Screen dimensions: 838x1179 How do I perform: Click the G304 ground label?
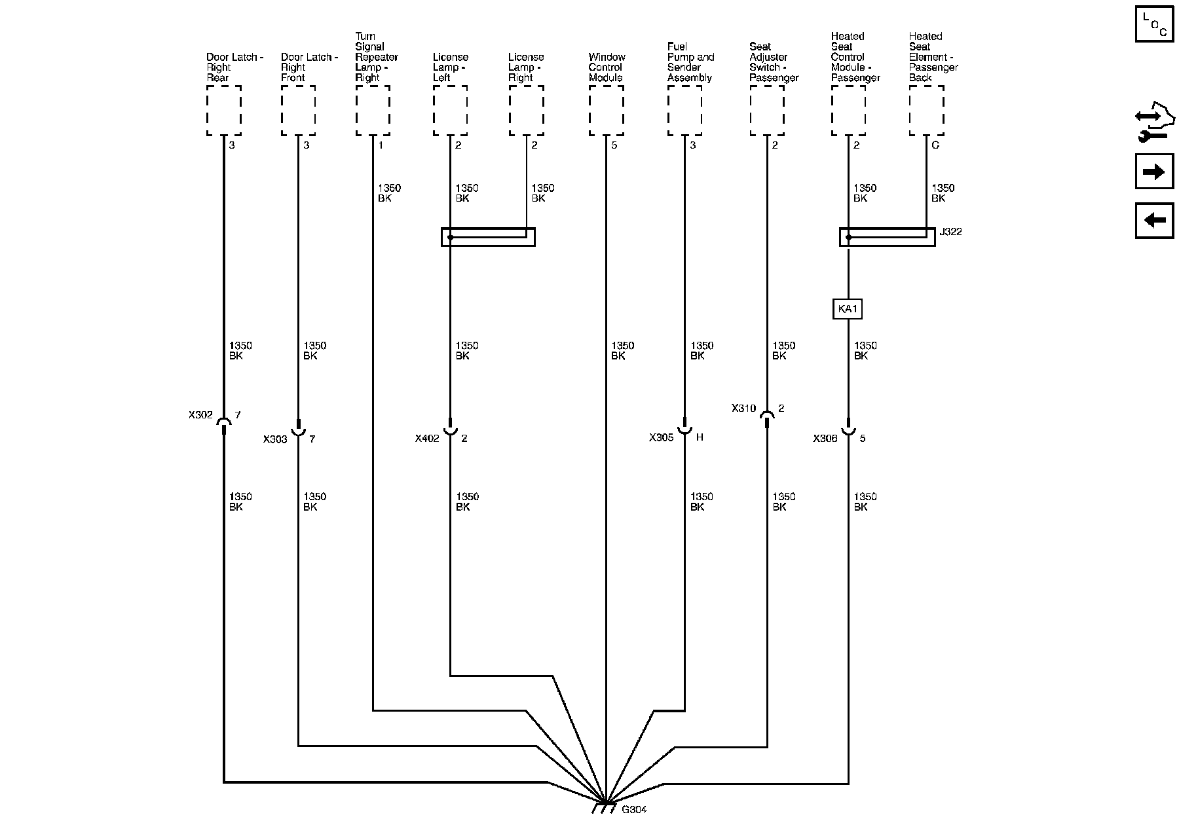(x=634, y=809)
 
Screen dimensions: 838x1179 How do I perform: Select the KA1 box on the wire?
(x=847, y=309)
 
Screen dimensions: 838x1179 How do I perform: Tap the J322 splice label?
(x=950, y=232)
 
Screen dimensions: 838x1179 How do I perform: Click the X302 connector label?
(x=200, y=415)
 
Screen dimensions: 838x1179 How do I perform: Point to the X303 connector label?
(x=275, y=439)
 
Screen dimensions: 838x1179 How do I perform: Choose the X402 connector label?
(x=427, y=439)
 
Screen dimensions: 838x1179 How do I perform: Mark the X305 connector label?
(x=661, y=438)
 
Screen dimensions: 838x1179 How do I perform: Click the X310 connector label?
(x=743, y=409)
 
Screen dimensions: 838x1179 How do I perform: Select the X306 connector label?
(x=825, y=439)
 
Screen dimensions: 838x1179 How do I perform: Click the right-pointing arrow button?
(x=1153, y=172)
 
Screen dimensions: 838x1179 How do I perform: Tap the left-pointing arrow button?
(x=1153, y=221)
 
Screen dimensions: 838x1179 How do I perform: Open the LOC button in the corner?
(x=1153, y=26)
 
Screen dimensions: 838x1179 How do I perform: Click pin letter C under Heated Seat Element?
(x=935, y=145)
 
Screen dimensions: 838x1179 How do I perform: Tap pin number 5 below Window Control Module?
(x=614, y=145)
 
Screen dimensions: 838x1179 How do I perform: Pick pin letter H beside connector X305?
(x=700, y=437)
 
